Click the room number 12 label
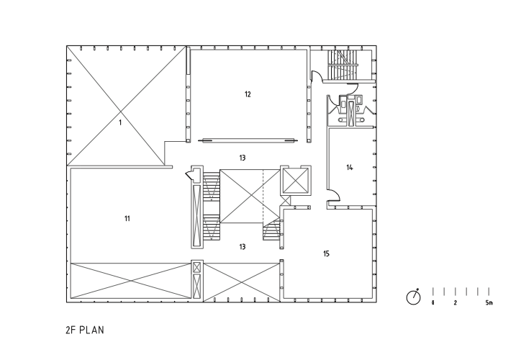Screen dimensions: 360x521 click(247, 94)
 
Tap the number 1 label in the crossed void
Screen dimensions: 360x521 click(120, 123)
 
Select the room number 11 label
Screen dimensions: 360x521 click(127, 217)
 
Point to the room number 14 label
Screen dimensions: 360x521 click(350, 168)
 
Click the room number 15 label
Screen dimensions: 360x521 click(326, 254)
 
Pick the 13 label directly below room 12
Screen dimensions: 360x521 click(243, 156)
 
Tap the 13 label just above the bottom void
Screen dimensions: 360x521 click(243, 246)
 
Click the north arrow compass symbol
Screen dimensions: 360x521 click(413, 297)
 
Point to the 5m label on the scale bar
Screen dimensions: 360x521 click(489, 303)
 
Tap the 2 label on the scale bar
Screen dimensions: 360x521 click(455, 303)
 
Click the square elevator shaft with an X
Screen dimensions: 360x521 click(294, 181)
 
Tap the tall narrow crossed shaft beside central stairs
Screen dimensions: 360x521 click(194, 214)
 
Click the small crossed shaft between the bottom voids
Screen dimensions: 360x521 click(196, 279)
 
